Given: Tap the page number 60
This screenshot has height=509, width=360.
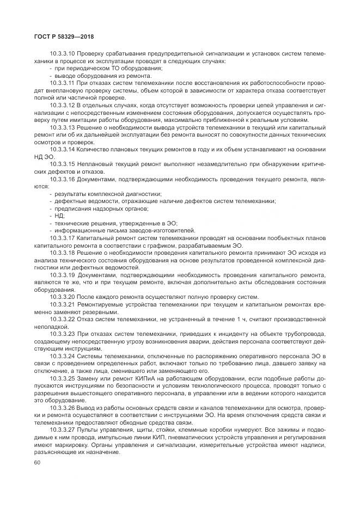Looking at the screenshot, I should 38,462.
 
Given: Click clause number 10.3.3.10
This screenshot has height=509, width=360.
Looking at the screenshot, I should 62,54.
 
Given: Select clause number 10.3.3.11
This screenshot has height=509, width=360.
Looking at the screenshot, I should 62,83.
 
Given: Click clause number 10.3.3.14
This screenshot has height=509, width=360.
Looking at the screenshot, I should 62,148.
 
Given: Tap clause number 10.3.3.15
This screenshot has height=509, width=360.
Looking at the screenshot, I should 62,163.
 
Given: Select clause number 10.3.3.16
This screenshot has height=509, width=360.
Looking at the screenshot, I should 62,178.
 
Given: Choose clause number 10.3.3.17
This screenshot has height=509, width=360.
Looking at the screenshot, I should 62,238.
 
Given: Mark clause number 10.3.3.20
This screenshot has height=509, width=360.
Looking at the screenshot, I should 62,297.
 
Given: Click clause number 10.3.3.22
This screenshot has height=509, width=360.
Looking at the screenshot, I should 62,319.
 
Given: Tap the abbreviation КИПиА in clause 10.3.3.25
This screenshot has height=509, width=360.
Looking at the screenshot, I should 148,378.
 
